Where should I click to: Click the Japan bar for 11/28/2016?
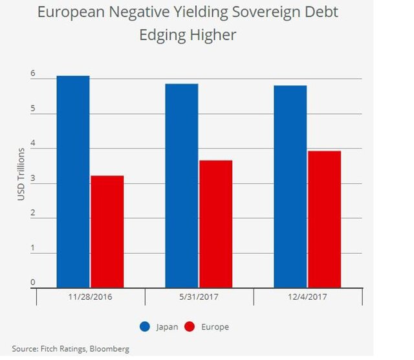click(73, 181)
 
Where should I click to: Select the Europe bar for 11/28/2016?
click(107, 231)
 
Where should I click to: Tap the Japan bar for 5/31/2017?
click(182, 185)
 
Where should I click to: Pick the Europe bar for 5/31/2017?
click(216, 223)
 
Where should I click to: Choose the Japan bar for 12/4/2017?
click(290, 186)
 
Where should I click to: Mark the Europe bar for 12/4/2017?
click(325, 219)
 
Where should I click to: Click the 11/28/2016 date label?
click(91, 299)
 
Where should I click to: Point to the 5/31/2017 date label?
click(199, 299)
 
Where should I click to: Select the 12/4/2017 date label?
click(307, 299)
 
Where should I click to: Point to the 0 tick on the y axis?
click(32, 282)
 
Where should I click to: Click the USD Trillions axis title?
click(21, 174)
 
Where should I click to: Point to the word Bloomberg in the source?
click(109, 349)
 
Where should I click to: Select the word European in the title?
click(74, 12)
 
